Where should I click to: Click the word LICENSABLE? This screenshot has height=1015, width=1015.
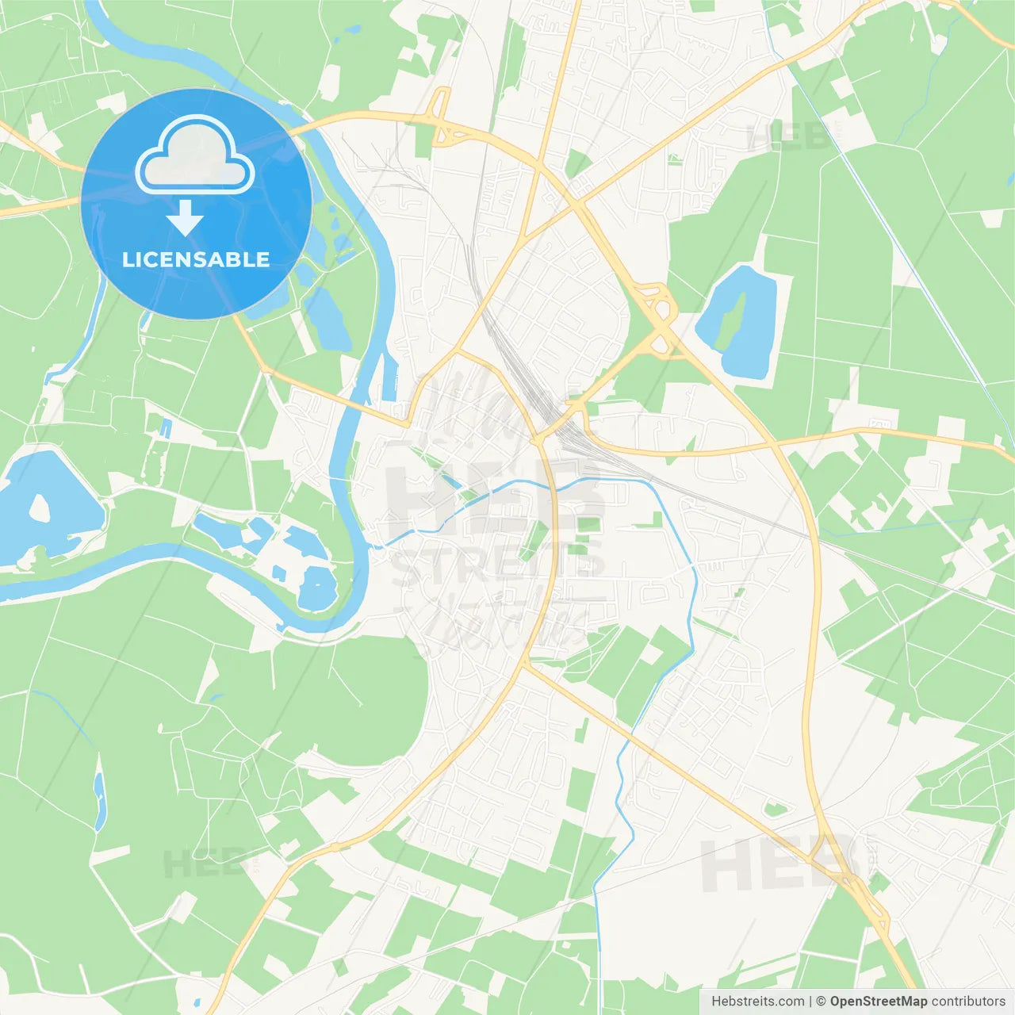click(196, 259)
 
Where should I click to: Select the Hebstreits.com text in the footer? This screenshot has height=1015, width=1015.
click(757, 1002)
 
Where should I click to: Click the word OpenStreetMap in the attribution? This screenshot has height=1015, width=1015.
click(878, 1002)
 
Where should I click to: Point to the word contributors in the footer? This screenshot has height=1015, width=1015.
click(968, 1002)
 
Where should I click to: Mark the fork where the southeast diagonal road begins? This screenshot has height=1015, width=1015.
click(526, 666)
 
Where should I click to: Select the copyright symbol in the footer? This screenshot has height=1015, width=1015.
click(822, 1002)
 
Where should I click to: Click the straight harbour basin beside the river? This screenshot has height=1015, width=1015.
click(390, 377)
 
